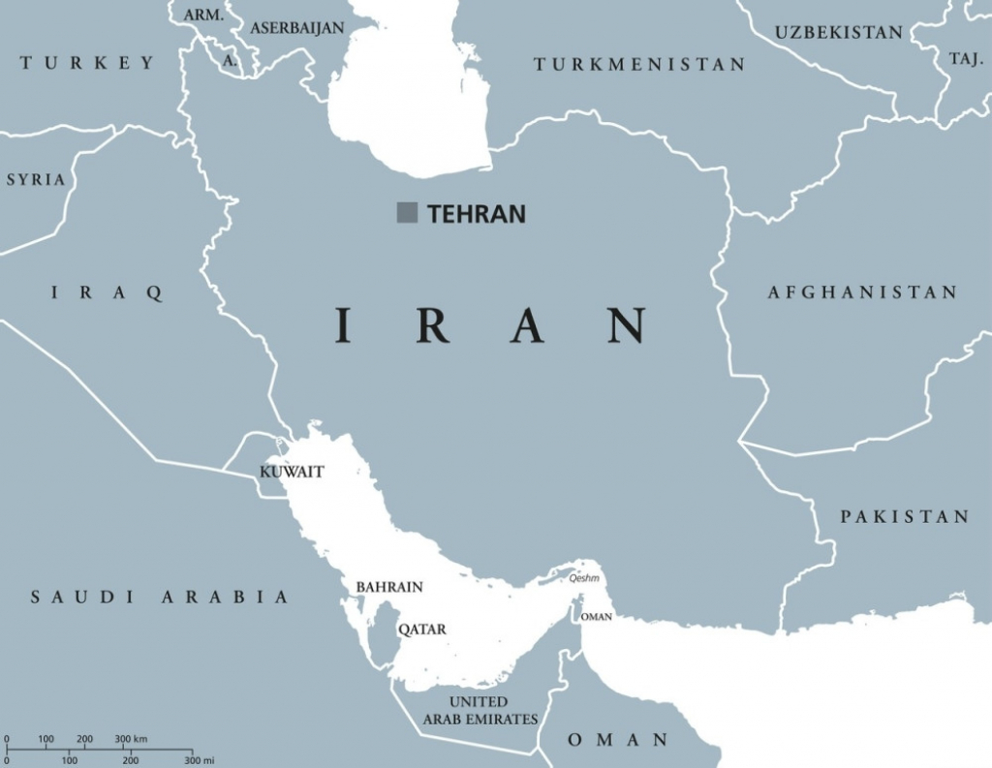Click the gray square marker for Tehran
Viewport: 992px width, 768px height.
[407, 213]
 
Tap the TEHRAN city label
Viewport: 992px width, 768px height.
[477, 214]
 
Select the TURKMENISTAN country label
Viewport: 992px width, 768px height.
[640, 65]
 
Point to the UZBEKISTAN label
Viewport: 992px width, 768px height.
[839, 33]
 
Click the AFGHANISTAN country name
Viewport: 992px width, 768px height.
[862, 292]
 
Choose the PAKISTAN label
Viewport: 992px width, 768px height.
[904, 517]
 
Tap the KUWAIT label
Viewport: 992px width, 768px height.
[292, 473]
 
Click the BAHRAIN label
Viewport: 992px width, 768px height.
[389, 587]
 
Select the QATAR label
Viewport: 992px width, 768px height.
[422, 630]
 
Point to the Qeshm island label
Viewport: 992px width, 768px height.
[584, 578]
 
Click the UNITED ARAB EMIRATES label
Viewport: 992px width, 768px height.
[480, 710]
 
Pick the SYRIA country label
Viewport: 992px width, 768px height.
[36, 180]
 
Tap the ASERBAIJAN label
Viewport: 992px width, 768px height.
[297, 28]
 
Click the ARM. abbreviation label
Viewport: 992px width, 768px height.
[203, 15]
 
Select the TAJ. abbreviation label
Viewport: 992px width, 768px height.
[966, 59]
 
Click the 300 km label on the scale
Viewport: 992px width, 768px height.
[131, 739]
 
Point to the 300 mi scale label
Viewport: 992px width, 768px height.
[201, 759]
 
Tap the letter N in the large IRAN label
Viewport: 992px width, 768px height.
[627, 325]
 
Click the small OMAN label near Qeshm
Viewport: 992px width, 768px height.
[597, 617]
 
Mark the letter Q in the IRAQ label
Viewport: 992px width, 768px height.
[153, 293]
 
